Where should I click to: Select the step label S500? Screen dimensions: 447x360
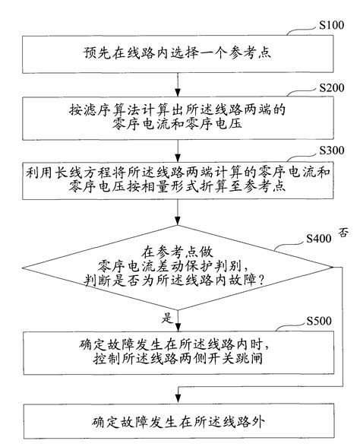click(315, 320)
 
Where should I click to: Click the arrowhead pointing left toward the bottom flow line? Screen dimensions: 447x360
click(182, 387)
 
